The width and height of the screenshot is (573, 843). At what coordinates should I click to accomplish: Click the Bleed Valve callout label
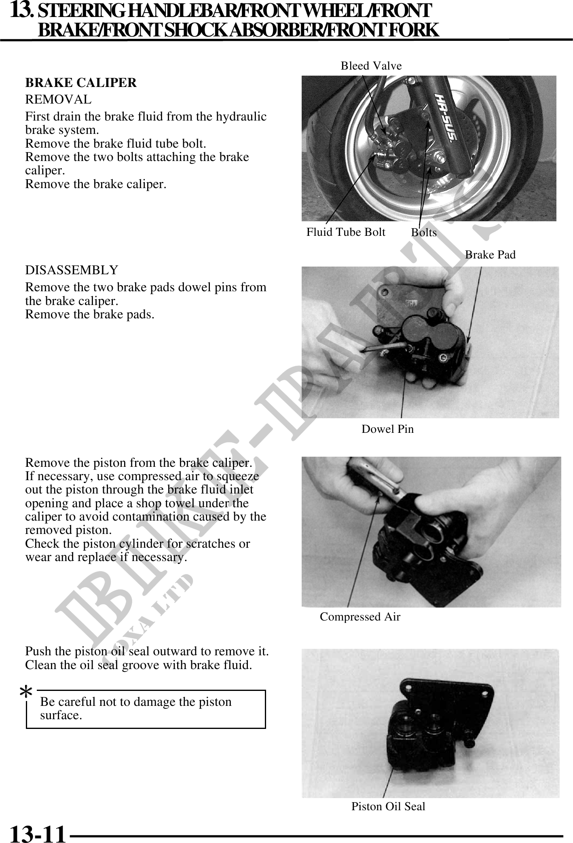pyautogui.click(x=371, y=66)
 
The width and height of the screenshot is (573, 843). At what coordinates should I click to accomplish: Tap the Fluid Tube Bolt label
pyautogui.click(x=346, y=232)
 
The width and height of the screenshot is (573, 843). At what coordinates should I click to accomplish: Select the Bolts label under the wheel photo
pyautogui.click(x=424, y=233)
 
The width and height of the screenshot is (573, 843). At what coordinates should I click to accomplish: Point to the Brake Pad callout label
pyautogui.click(x=490, y=254)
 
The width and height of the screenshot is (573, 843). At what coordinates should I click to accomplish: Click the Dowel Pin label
pyautogui.click(x=387, y=429)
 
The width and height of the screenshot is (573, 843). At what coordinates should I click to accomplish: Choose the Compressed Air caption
pyautogui.click(x=360, y=616)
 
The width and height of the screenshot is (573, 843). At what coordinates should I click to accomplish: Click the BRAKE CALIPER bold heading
pyautogui.click(x=81, y=83)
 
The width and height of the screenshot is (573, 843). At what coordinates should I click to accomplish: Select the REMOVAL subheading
pyautogui.click(x=58, y=99)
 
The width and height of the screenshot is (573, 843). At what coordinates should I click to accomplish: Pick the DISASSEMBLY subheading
pyautogui.click(x=72, y=270)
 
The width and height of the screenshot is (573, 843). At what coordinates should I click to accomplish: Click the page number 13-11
pyautogui.click(x=37, y=833)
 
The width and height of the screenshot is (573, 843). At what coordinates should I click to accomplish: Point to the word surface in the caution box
pyautogui.click(x=61, y=715)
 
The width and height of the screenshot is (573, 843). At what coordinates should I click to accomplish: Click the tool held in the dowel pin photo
pyautogui.click(x=384, y=348)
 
